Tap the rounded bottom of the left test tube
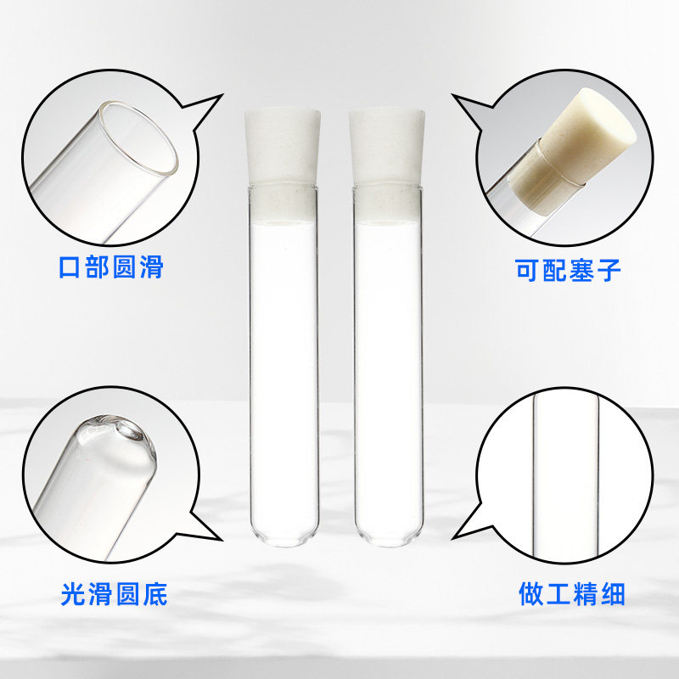coord(283,533)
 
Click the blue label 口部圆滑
coord(110,267)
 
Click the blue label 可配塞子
coord(570,270)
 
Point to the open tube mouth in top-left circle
coord(139,136)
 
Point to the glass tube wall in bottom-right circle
coord(532,475)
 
